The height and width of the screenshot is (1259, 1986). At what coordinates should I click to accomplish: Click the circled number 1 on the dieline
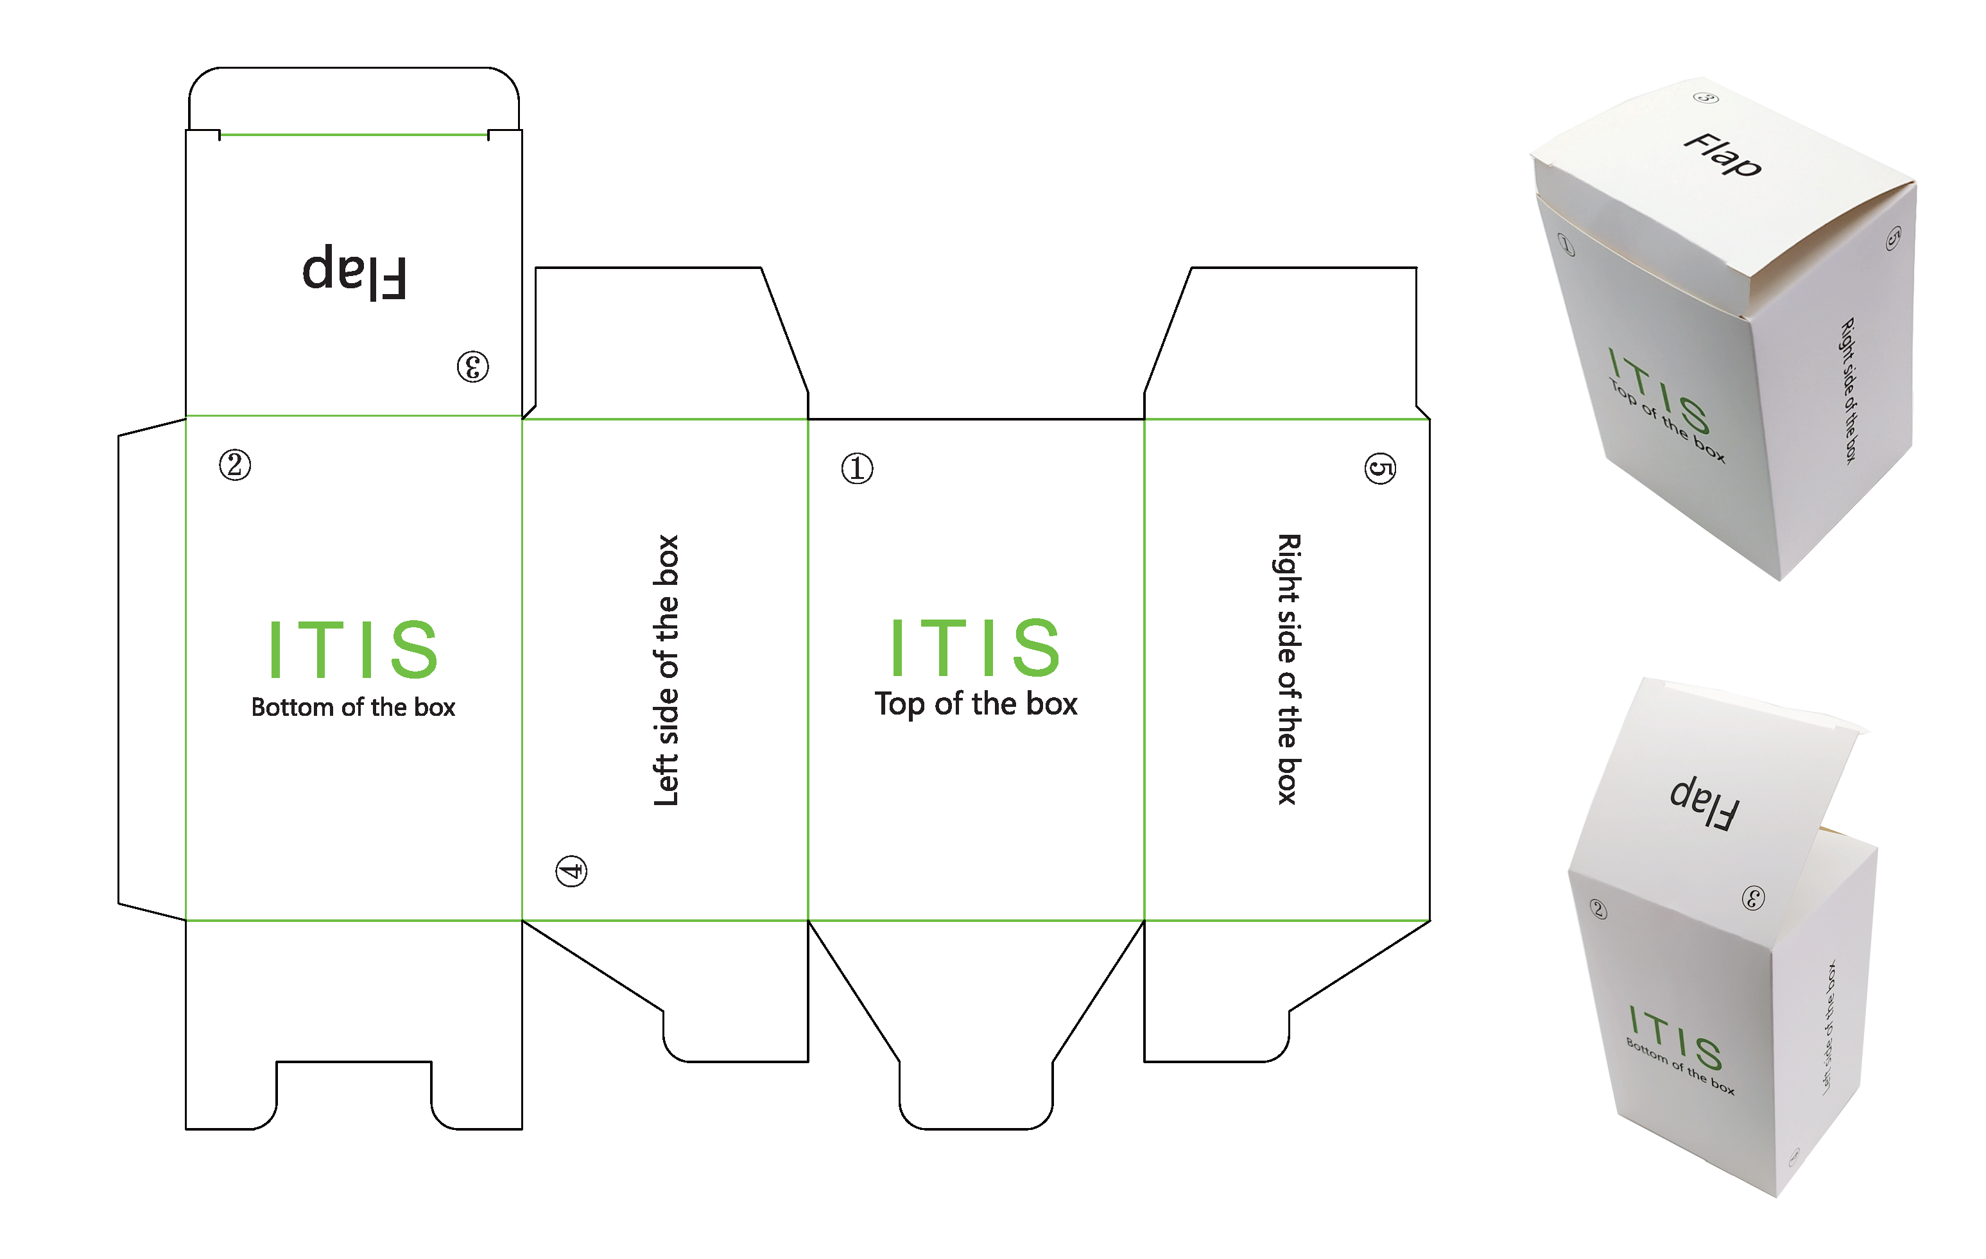tap(857, 469)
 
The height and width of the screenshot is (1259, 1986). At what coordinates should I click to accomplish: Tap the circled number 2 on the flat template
tap(235, 465)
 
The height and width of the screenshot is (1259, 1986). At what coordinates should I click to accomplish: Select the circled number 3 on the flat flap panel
tap(472, 367)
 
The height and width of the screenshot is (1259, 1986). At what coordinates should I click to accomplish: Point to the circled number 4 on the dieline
tap(571, 871)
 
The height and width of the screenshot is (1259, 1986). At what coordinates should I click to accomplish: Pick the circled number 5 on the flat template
tap(1380, 469)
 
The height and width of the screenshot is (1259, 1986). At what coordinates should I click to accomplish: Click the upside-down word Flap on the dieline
tap(354, 272)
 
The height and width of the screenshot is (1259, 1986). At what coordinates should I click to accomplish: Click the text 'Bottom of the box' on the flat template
tap(353, 707)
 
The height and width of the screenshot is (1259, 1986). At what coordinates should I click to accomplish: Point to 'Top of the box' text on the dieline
tap(976, 704)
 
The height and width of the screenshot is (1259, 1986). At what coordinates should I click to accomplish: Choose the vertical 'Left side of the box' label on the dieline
tap(666, 670)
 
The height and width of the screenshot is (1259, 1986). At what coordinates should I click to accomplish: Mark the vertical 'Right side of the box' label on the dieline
tap(1288, 669)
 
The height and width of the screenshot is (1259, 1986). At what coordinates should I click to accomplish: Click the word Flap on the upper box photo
tap(1722, 155)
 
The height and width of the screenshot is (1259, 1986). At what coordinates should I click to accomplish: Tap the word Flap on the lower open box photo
tap(1705, 802)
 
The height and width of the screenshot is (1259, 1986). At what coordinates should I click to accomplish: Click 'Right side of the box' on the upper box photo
tap(1850, 390)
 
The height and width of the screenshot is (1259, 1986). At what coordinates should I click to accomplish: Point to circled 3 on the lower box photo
tap(1752, 898)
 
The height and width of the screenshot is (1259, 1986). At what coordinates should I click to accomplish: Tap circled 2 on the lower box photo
tap(1598, 909)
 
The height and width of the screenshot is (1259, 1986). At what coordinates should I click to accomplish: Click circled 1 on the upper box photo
tap(1566, 245)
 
